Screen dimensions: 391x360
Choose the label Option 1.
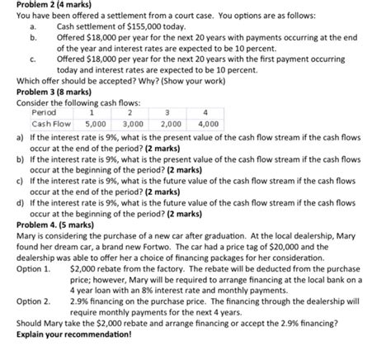pos(33,270)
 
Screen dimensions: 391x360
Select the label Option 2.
pos(33,302)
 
